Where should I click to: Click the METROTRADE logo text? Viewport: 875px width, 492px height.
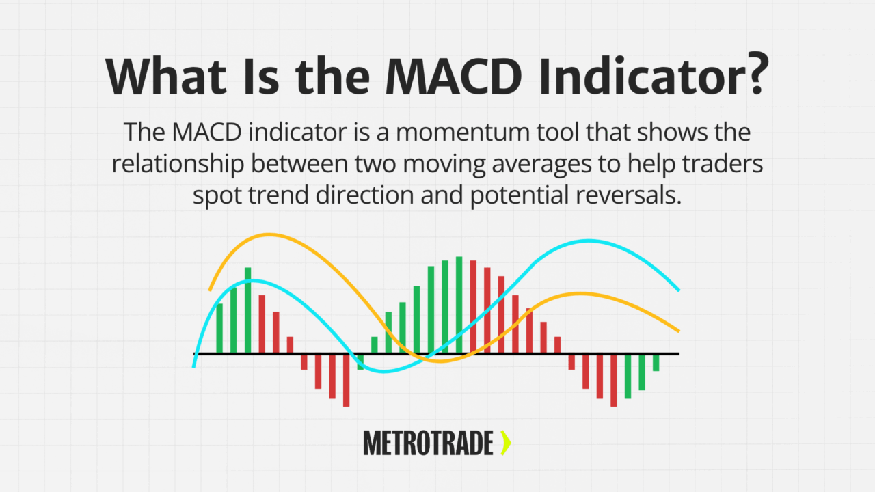428,443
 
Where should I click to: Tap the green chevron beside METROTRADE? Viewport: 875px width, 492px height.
505,443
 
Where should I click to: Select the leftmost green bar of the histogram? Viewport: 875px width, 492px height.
219,328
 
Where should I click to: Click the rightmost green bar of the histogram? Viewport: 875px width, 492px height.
656,362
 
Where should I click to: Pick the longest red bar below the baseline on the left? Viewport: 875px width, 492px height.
346,380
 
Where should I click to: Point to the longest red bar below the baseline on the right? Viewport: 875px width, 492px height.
614,380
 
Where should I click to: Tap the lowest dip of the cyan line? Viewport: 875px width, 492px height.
385,371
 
